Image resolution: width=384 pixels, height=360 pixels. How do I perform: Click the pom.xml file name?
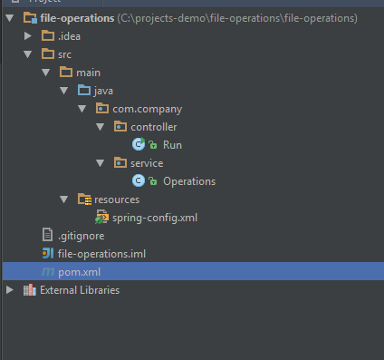click(x=79, y=272)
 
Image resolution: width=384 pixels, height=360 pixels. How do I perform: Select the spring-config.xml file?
click(x=155, y=218)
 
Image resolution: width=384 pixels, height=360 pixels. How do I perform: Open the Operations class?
click(x=189, y=181)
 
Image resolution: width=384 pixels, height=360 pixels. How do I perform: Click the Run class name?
click(x=172, y=145)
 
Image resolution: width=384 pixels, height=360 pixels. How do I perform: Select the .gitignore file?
click(x=82, y=236)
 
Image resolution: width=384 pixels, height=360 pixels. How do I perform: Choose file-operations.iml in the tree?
click(x=101, y=254)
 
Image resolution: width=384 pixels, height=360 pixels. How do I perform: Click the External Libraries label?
click(x=80, y=290)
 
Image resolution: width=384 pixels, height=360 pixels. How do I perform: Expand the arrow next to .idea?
click(x=28, y=36)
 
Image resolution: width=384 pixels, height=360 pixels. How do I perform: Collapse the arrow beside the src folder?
click(x=28, y=54)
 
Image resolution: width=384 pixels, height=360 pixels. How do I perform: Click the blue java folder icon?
click(x=84, y=90)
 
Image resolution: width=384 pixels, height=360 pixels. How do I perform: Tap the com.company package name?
click(x=148, y=109)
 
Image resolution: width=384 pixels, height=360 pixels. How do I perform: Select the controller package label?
click(x=154, y=127)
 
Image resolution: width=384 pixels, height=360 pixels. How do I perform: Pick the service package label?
click(x=147, y=163)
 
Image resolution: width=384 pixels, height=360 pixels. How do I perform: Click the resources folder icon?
click(x=84, y=199)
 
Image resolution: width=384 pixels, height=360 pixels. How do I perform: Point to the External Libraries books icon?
click(x=30, y=290)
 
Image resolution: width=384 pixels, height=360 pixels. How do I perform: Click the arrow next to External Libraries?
click(x=10, y=290)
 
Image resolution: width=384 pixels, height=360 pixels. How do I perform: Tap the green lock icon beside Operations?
click(x=153, y=181)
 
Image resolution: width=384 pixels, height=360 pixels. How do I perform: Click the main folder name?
click(x=88, y=73)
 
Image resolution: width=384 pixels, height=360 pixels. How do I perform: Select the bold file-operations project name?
click(x=77, y=18)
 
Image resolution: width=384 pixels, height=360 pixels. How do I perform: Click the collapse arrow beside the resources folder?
click(x=64, y=199)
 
